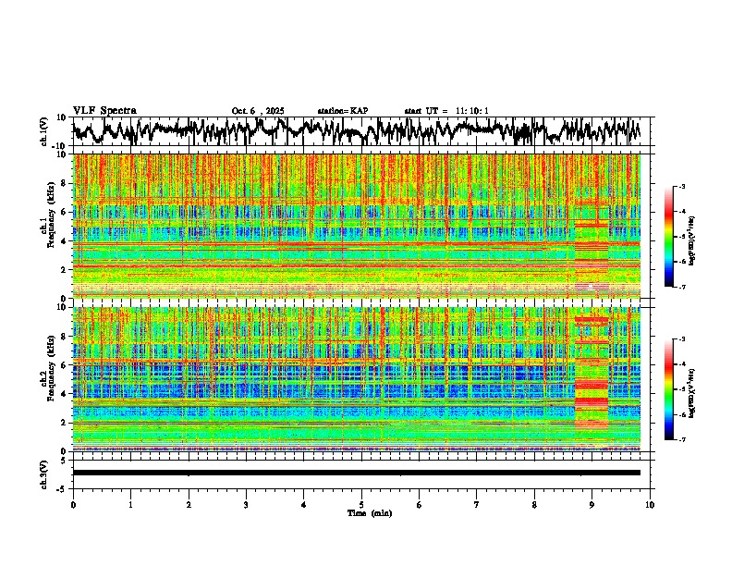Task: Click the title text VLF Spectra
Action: [x=104, y=110]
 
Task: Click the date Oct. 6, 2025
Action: [x=258, y=111]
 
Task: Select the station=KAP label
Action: [x=343, y=111]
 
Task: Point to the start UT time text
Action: [x=446, y=111]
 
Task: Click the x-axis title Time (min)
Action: [x=369, y=512]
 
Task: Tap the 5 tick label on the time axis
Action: [x=361, y=504]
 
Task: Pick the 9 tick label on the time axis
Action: [x=592, y=504]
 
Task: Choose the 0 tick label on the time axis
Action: [x=73, y=504]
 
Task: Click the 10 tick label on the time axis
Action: [x=650, y=504]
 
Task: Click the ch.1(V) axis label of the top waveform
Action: [x=44, y=131]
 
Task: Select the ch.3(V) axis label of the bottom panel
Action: [x=44, y=472]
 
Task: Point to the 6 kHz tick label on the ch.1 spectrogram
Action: [x=65, y=212]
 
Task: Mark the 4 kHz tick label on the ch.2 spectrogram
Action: [x=65, y=394]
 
